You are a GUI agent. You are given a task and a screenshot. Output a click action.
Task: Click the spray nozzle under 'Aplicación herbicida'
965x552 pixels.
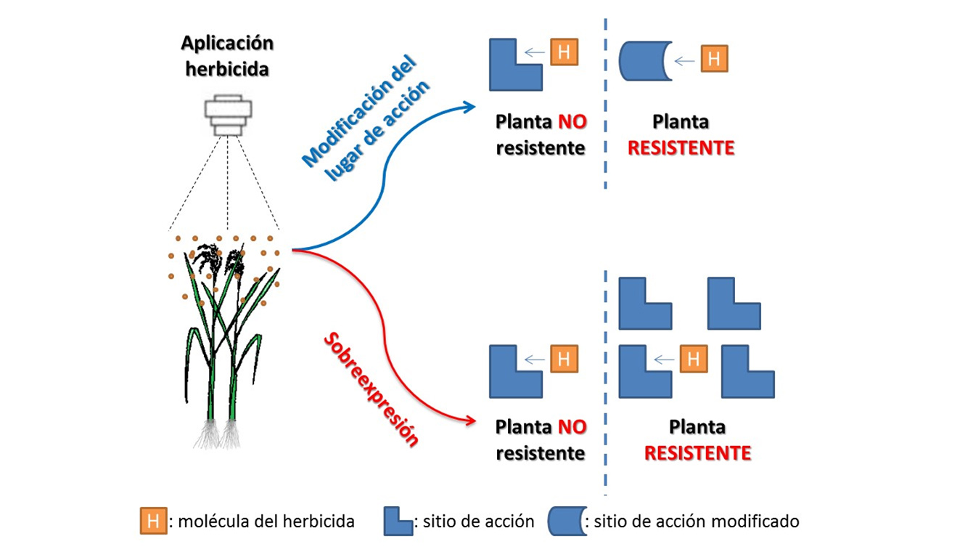228,115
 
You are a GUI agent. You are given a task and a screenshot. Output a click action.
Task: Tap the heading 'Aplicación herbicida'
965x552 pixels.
227,56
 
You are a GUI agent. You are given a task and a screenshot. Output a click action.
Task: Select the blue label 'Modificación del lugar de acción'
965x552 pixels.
366,118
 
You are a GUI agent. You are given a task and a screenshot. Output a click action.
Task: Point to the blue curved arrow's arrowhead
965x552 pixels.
469,107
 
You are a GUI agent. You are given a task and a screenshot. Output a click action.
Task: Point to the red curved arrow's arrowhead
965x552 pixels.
469,421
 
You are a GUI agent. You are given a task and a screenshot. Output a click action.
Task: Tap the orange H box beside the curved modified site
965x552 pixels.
714,58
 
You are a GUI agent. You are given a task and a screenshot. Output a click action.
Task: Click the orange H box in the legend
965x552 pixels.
153,521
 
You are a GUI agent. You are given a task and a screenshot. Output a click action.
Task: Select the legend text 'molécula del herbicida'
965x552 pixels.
266,521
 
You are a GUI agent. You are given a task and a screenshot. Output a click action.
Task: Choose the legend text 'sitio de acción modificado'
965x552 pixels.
697,521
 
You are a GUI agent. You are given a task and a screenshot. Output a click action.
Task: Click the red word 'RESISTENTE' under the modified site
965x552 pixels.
681,148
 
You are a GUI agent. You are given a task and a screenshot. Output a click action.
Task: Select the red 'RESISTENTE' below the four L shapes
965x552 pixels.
697,453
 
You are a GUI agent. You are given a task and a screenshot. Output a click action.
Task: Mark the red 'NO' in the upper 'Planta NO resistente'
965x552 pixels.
572,122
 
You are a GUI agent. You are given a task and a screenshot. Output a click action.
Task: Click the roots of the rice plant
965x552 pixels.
218,434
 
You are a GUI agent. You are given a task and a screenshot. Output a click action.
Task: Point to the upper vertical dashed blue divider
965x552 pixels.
605,103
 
